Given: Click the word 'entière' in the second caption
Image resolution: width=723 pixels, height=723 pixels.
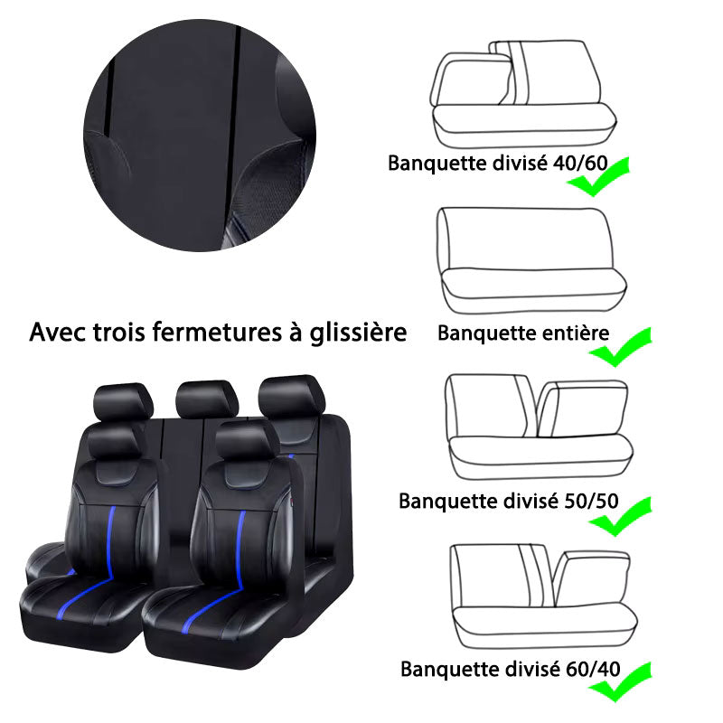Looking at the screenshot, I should (577, 332).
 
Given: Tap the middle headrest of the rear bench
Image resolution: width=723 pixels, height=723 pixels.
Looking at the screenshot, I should (206, 398).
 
